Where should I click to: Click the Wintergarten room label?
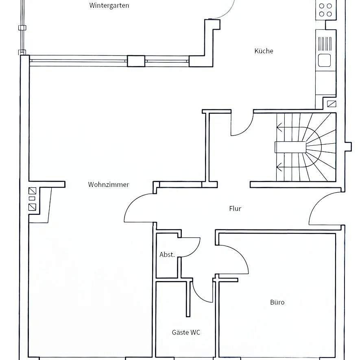coord(109,6)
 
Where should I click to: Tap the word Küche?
coord(264,51)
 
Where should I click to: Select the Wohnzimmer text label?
coord(109,184)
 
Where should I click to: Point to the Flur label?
coord(235,209)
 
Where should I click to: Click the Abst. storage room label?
coord(167,255)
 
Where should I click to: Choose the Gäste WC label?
coord(186,332)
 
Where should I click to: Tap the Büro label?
coord(277,302)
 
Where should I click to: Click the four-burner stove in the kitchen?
coord(325,10)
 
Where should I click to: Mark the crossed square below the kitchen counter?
coord(331,103)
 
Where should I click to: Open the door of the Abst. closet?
coord(190,247)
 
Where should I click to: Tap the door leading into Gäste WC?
coord(202,291)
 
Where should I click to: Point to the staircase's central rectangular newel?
coord(290,147)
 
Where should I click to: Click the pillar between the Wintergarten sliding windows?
coord(136,61)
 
